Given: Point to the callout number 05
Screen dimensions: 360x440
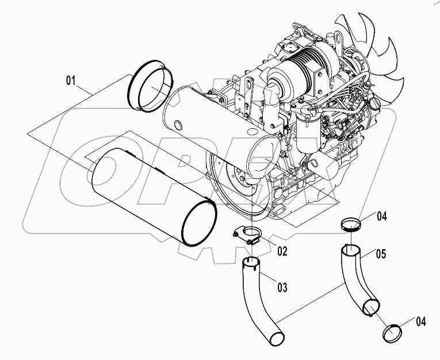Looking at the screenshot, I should [396, 253].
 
